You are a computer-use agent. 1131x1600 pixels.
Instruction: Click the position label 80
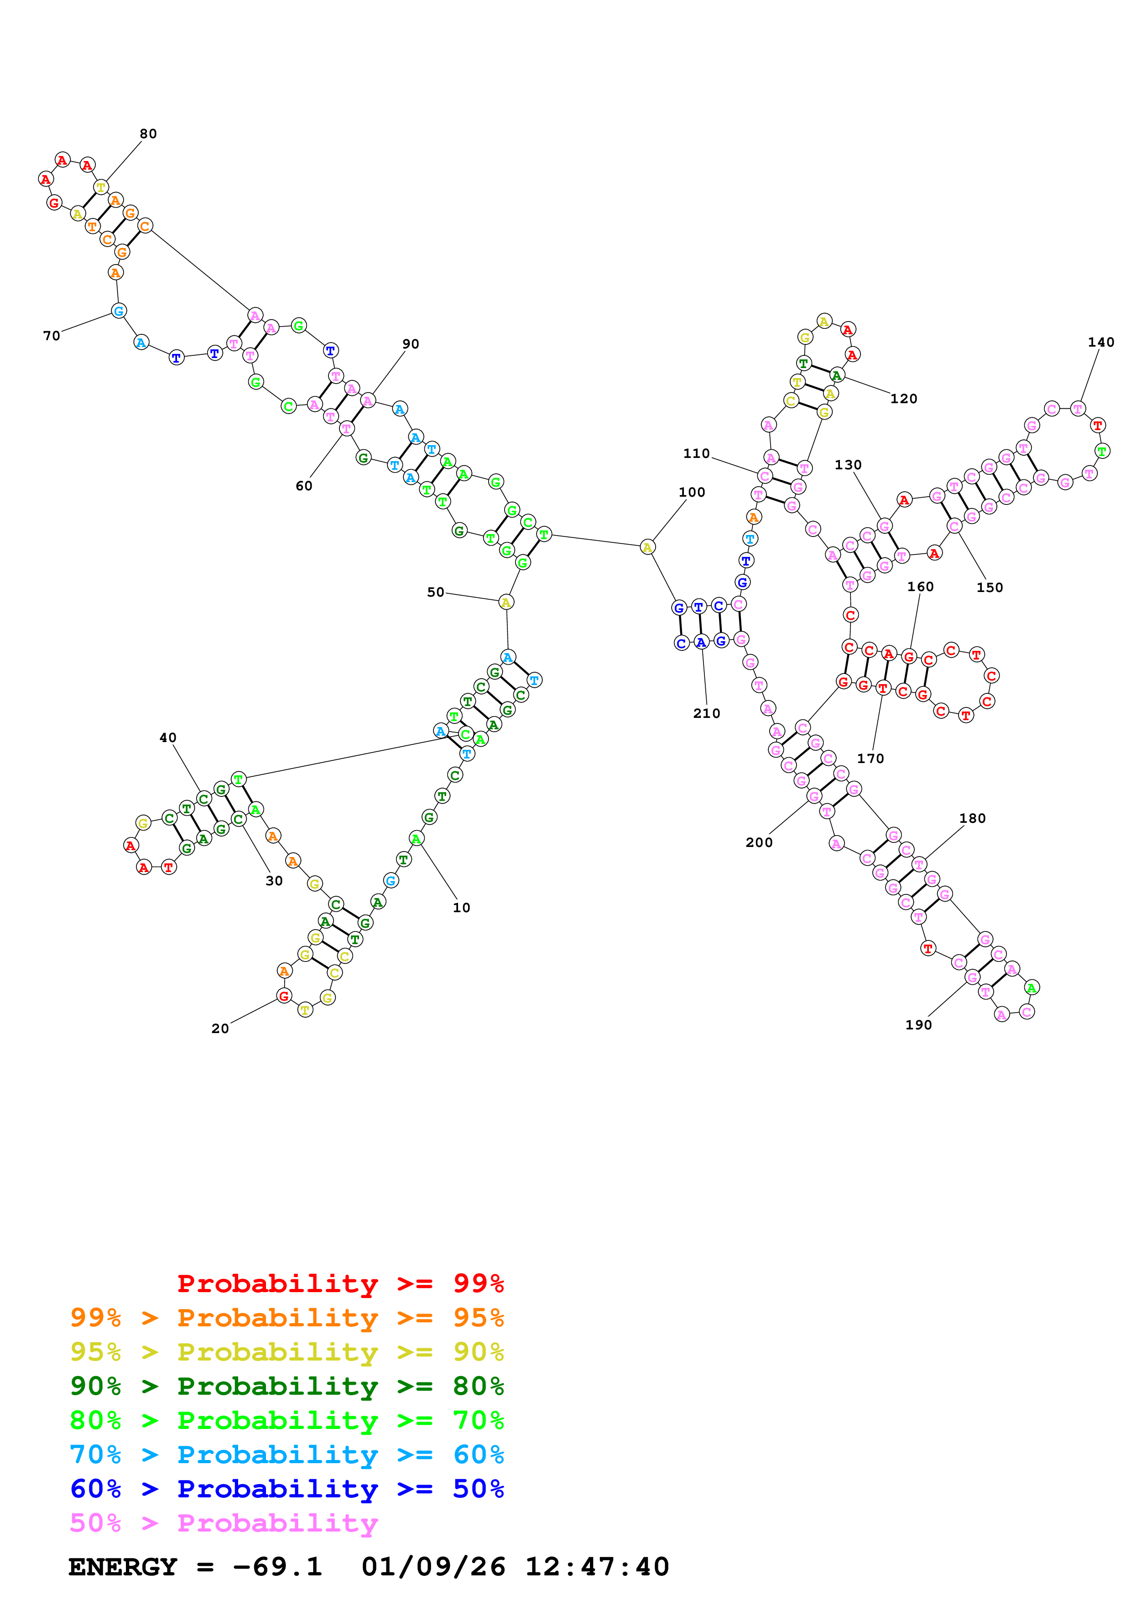click(x=148, y=134)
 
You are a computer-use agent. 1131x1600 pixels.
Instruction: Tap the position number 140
click(x=1100, y=342)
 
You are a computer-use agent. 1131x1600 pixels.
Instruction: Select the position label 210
click(x=707, y=713)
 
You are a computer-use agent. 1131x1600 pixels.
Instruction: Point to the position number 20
click(x=220, y=1029)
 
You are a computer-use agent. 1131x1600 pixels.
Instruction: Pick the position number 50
click(x=436, y=592)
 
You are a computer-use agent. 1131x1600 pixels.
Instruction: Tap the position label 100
click(x=692, y=492)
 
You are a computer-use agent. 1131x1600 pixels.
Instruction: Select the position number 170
click(x=870, y=758)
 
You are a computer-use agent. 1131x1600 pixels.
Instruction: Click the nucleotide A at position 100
click(x=647, y=547)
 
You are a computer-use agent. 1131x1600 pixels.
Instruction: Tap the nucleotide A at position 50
click(x=506, y=602)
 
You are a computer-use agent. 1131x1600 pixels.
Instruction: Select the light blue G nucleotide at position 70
click(x=119, y=311)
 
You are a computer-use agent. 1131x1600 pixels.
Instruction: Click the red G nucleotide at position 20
click(x=284, y=996)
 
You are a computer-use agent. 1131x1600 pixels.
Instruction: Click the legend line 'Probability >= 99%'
click(x=340, y=1283)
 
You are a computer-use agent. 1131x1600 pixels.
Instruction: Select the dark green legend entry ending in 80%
click(x=287, y=1386)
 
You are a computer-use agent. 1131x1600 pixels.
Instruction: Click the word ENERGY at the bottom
click(x=123, y=1567)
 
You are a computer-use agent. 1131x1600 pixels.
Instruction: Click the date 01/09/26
click(x=433, y=1567)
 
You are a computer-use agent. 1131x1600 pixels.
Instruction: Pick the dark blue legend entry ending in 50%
click(x=287, y=1489)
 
